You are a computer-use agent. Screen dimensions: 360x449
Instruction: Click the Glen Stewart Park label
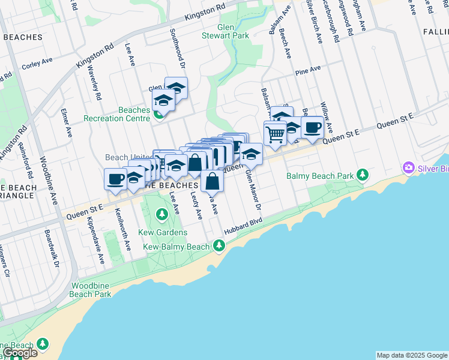(234, 31)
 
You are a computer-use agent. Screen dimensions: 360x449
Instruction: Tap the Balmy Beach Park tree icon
(363, 175)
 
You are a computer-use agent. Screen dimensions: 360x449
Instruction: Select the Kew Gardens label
(165, 232)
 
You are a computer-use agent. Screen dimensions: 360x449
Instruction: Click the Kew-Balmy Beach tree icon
(219, 245)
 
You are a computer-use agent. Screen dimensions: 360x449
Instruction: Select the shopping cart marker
(275, 134)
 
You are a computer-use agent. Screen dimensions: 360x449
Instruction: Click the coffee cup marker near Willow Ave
(312, 128)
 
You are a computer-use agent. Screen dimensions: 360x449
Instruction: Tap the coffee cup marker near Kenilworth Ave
(115, 178)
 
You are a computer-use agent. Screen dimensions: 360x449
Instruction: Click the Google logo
(20, 353)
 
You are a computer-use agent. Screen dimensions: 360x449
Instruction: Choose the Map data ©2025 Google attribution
(412, 355)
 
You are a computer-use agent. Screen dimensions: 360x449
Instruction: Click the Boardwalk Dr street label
(52, 247)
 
